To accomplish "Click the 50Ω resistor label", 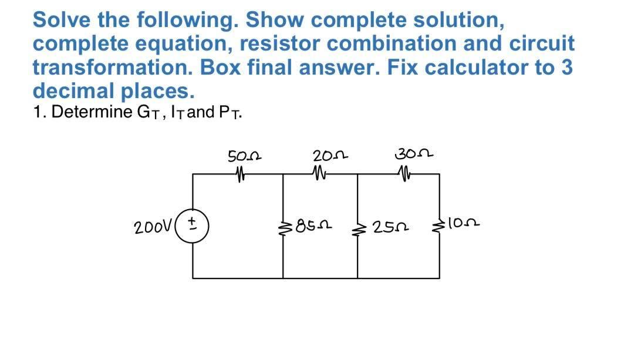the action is click(244, 157).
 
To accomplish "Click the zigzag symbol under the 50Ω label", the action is click(240, 174).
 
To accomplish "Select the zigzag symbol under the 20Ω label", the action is click(320, 174).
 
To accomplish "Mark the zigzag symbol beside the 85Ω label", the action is click(285, 225).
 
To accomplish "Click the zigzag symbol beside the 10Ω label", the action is click(440, 224).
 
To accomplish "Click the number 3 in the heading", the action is click(566, 67).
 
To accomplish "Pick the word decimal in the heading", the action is click(73, 91).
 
